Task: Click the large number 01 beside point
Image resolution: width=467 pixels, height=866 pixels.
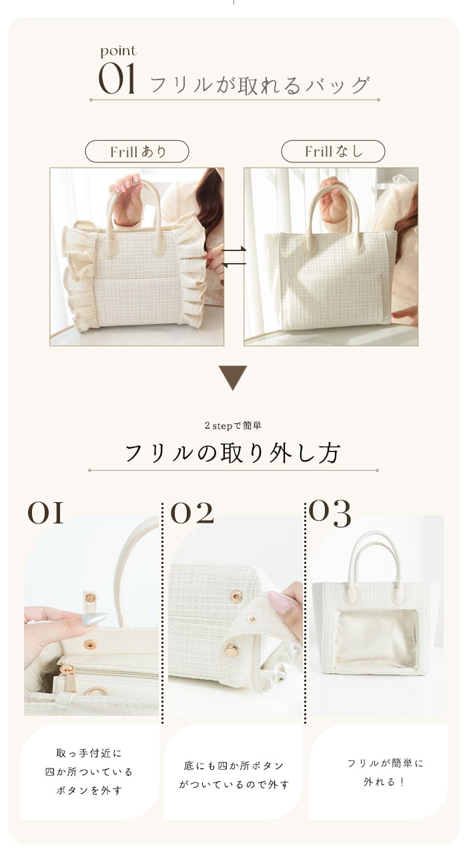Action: (117, 79)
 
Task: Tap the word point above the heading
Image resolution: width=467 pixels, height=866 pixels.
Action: (118, 51)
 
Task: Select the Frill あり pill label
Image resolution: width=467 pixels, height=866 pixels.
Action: (137, 152)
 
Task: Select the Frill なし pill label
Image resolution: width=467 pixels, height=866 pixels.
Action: (333, 152)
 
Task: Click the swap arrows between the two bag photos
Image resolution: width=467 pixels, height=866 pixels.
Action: (233, 257)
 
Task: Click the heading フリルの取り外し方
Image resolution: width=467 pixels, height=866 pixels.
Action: (233, 453)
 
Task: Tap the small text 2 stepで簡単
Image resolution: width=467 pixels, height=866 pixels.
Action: (233, 425)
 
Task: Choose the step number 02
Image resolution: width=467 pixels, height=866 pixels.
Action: (192, 513)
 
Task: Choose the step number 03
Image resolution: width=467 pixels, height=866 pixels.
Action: (330, 513)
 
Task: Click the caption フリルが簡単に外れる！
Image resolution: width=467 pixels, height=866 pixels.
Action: (384, 772)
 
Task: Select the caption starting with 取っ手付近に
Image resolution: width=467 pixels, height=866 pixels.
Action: (89, 772)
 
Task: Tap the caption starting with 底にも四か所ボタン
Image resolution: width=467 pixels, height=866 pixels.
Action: (233, 775)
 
